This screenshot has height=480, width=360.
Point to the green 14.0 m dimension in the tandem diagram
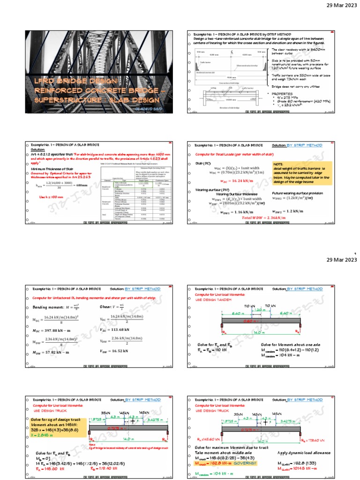coord(259,332)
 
